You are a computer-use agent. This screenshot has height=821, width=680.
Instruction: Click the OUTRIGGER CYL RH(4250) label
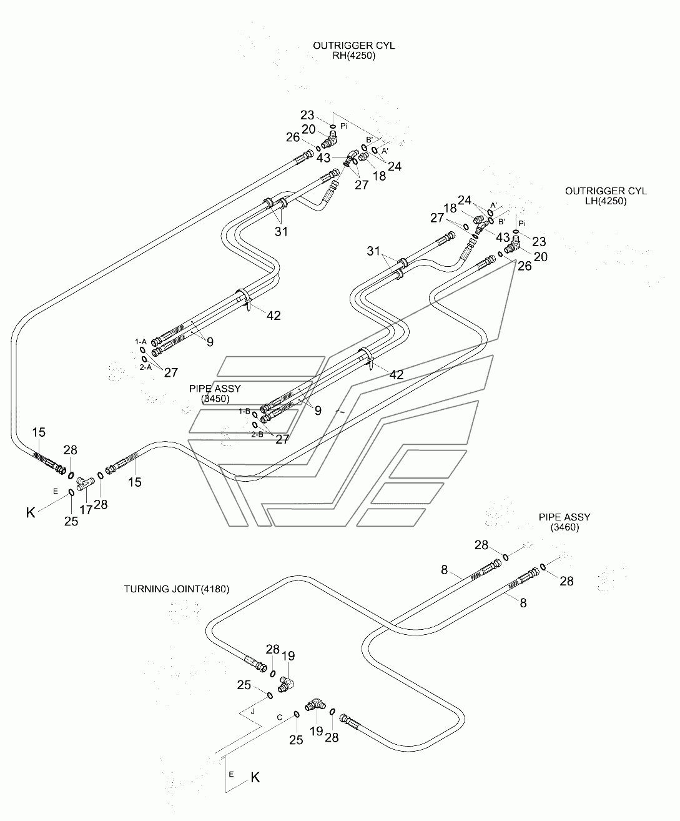pos(354,51)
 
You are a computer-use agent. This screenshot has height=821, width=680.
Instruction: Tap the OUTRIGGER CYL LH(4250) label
pos(606,196)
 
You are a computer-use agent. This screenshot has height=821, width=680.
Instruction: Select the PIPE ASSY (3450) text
pos(215,393)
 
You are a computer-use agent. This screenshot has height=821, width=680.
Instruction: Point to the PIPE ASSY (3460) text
pos(564,522)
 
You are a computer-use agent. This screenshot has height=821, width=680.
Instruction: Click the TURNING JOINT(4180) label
pos(177,589)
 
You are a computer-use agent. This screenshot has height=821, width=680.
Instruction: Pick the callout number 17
pos(86,510)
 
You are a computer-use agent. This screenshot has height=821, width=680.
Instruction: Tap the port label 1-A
pos(140,342)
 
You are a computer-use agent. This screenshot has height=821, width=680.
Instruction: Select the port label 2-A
pos(145,367)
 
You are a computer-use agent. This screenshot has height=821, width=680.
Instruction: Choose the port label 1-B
pos(245,411)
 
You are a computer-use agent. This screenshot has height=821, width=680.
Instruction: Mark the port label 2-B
pos(257,434)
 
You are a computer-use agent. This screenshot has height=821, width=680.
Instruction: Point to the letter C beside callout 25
pos(280,717)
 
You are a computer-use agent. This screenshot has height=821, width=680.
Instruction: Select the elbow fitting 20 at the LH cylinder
pos(512,246)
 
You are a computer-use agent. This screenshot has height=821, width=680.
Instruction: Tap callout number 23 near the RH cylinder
pos(307,115)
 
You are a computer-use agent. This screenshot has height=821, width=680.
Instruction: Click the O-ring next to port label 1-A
pos(143,350)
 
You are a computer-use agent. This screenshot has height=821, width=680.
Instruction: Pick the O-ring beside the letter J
pos(270,695)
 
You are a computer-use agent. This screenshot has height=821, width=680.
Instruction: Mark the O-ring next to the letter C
pos(297,714)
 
